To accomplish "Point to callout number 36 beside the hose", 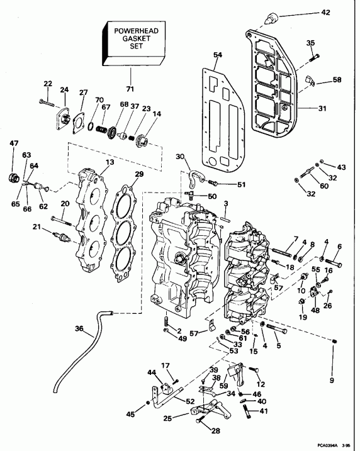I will pos(78,328).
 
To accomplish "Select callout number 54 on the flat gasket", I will pos(218,55).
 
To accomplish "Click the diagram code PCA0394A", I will pos(327,443).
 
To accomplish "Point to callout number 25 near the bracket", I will pos(167,418).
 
